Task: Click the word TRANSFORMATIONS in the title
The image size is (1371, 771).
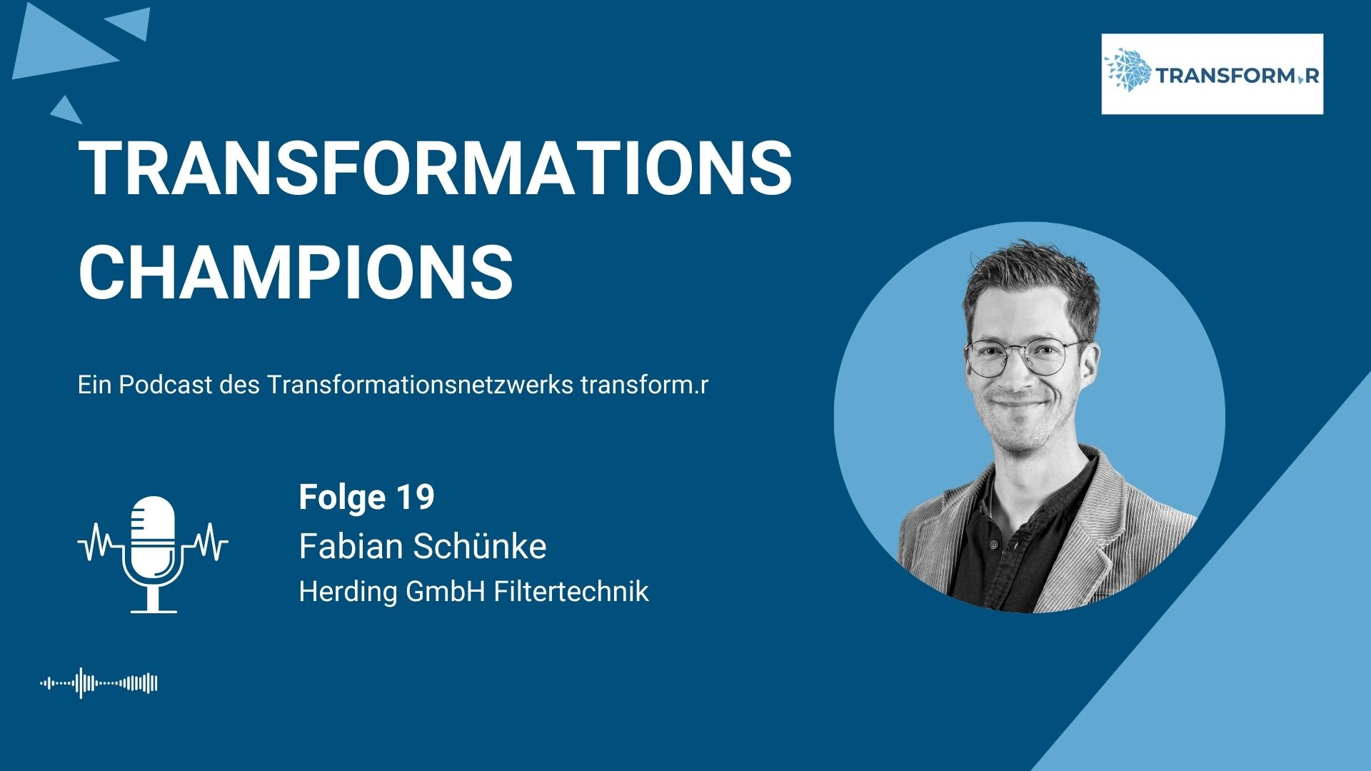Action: [x=435, y=169]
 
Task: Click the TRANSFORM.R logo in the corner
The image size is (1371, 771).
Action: [x=1212, y=74]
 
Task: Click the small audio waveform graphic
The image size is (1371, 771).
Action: [x=99, y=683]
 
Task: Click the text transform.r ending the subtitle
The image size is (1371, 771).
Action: [x=645, y=385]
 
